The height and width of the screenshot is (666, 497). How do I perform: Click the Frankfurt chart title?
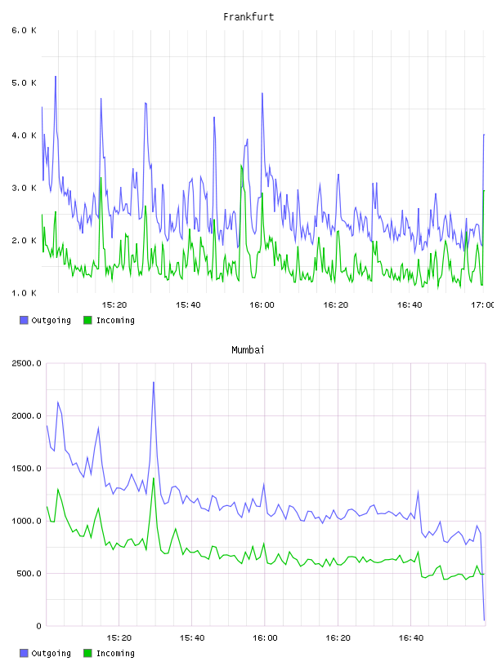pos(248,17)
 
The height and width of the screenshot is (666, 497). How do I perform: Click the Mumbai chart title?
pos(248,350)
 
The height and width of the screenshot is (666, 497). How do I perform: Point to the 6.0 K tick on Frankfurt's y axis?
pos(24,30)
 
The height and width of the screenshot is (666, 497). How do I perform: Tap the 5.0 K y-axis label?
pos(24,82)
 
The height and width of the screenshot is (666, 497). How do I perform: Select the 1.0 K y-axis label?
pos(24,293)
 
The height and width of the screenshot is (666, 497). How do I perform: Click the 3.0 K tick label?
pos(24,189)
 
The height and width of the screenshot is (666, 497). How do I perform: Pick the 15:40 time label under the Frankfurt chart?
pos(188,305)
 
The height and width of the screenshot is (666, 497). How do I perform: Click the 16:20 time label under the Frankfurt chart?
pos(336,305)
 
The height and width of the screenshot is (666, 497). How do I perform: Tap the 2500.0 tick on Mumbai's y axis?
pos(26,363)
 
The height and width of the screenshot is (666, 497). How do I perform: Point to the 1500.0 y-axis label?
pos(26,468)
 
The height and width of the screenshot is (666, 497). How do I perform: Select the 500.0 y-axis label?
pos(29,574)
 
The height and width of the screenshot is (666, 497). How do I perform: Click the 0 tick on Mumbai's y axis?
pos(38,626)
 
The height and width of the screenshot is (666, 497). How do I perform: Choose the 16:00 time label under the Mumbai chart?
pos(265,638)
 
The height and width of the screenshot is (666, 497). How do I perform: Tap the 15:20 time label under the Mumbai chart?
pos(119,638)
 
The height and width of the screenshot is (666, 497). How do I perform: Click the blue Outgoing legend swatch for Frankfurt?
pos(24,320)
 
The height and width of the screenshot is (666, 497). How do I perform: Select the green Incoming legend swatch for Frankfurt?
pos(87,320)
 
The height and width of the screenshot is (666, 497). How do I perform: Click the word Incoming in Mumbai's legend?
pos(115,654)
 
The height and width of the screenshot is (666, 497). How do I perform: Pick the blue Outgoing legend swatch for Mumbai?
pos(24,653)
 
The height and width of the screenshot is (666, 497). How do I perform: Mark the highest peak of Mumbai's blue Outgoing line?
pos(154,382)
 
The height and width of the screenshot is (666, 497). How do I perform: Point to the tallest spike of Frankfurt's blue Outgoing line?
pos(56,77)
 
